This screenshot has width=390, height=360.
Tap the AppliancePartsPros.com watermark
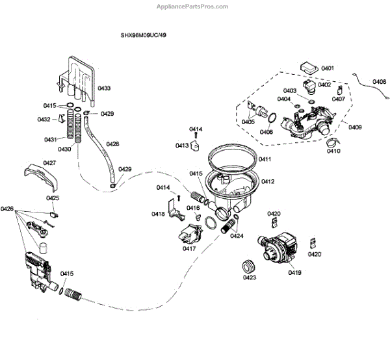pos(193,6)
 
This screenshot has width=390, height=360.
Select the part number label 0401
pos(327,68)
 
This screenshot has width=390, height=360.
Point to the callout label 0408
pos(379,81)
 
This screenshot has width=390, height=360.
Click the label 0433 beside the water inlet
pos(104,88)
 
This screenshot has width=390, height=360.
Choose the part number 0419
pos(295,274)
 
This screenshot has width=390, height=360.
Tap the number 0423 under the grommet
pos(249,278)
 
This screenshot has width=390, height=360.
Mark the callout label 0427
pos(49,163)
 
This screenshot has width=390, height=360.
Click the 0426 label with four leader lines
pos(7,209)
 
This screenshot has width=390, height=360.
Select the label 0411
pos(265,159)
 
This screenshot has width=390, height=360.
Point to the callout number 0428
pos(112,144)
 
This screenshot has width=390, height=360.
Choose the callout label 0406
pos(266,132)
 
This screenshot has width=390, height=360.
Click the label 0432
pos(44,120)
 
